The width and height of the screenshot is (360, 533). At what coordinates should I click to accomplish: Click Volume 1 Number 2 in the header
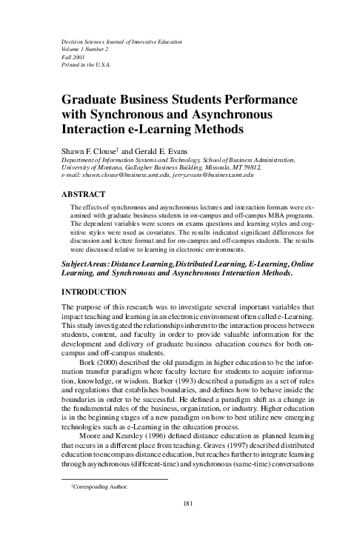click(x=81, y=47)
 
